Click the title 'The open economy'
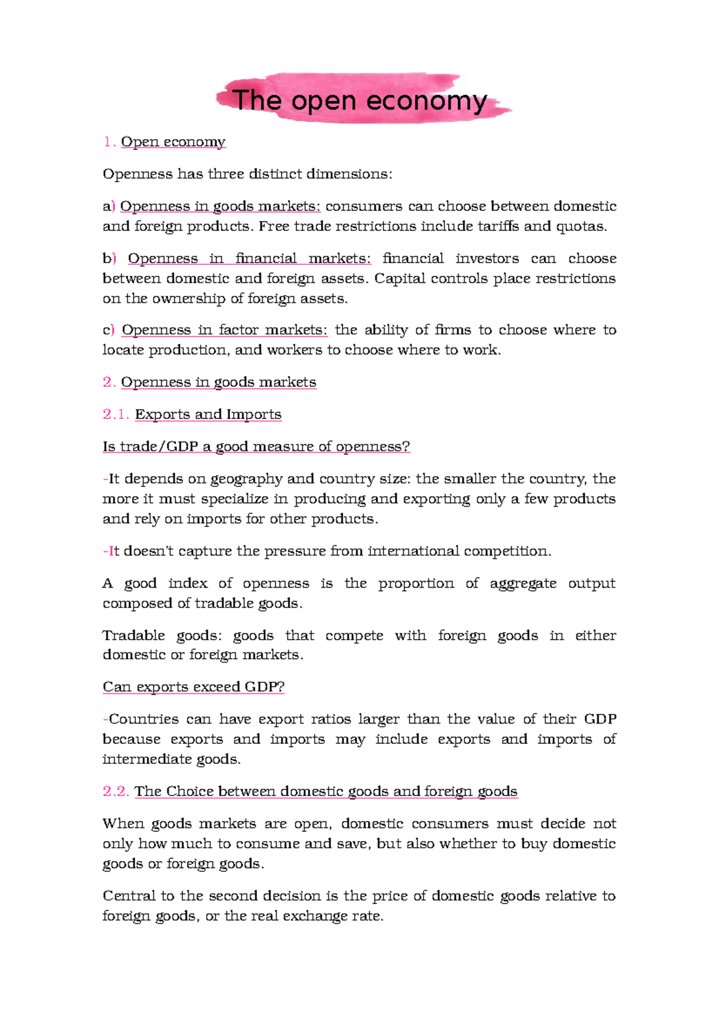359,100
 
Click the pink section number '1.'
109,142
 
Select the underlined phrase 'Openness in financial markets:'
249,258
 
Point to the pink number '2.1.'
116,414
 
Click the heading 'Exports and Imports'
208,414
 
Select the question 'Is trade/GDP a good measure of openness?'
256,447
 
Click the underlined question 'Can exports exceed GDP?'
193,686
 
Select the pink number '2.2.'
116,791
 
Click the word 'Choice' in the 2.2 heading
190,791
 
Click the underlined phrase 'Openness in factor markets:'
225,330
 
